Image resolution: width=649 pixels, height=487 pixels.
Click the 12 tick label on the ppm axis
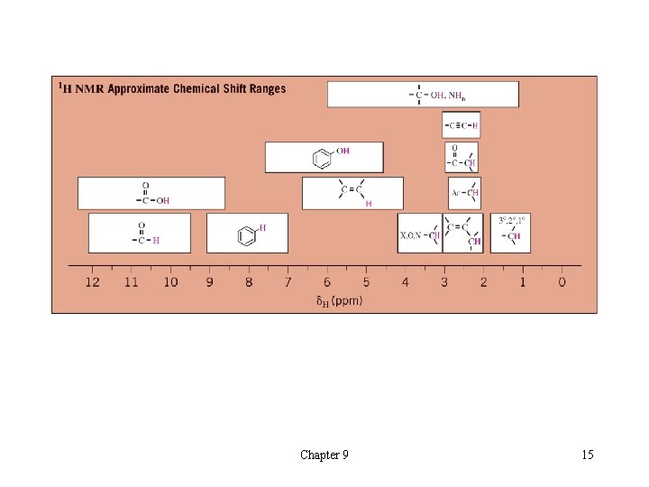93,282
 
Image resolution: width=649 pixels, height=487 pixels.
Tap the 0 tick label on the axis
562,282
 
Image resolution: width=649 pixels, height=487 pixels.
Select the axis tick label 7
288,282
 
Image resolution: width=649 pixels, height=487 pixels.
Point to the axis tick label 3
444,282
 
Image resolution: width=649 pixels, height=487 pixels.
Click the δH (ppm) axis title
339,300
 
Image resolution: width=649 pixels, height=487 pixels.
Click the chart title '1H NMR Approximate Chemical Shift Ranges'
172,88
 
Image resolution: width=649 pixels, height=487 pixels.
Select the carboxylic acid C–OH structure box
151,193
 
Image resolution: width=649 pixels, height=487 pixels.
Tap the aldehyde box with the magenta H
140,233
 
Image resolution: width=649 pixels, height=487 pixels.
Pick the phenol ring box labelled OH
324,157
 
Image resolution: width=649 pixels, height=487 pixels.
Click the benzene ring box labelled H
247,233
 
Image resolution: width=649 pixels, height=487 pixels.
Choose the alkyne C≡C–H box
461,124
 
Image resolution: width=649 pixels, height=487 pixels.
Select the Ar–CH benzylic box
464,192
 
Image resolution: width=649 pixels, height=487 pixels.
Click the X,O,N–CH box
419,233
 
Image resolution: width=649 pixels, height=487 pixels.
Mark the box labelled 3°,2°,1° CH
510,233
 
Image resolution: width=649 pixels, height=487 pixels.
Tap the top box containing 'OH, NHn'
423,94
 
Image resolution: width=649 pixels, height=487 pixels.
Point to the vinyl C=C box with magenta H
352,193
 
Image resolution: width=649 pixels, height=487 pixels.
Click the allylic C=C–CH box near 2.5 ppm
463,233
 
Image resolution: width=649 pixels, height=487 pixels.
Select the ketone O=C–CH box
461,157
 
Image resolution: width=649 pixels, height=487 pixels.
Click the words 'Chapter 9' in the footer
324,455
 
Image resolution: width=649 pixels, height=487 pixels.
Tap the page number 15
588,455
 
